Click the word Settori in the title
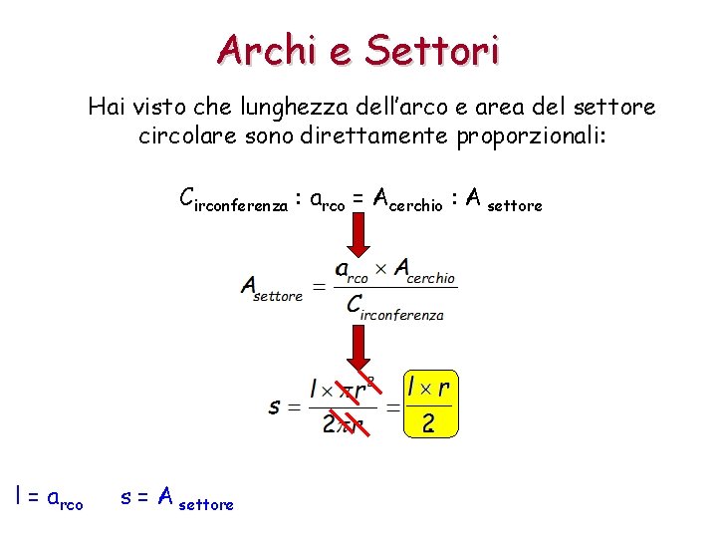(431, 49)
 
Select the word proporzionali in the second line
(531, 135)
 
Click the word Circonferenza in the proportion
(234, 200)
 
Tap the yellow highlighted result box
(429, 404)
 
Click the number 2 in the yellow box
(428, 423)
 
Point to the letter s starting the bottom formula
(274, 406)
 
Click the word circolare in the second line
(178, 135)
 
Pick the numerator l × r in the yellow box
(429, 387)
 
